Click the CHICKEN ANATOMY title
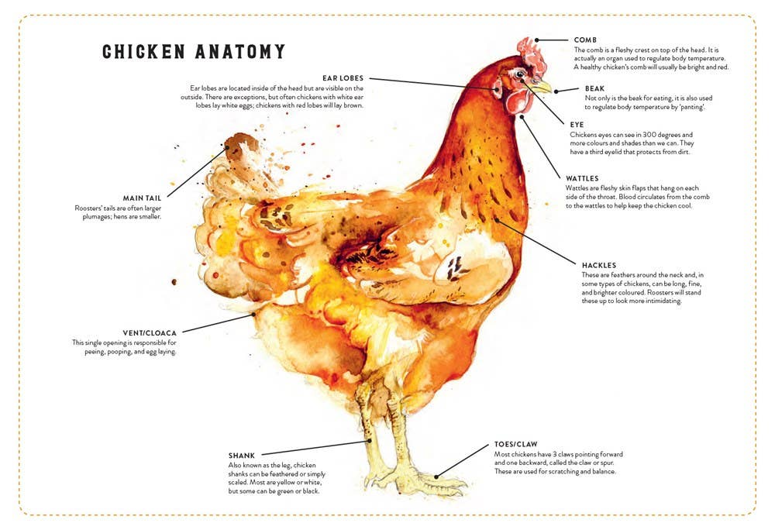(x=194, y=52)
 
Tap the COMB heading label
(x=586, y=40)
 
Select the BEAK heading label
(x=594, y=88)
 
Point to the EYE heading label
(x=577, y=124)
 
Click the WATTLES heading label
(x=582, y=178)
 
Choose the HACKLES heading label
(x=599, y=265)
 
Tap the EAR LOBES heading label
(x=343, y=78)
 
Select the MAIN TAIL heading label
(x=142, y=198)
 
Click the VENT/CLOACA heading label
(x=150, y=332)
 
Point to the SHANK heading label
(x=242, y=455)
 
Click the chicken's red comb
(x=532, y=52)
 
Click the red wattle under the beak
(x=518, y=102)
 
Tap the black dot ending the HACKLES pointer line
(x=497, y=220)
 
